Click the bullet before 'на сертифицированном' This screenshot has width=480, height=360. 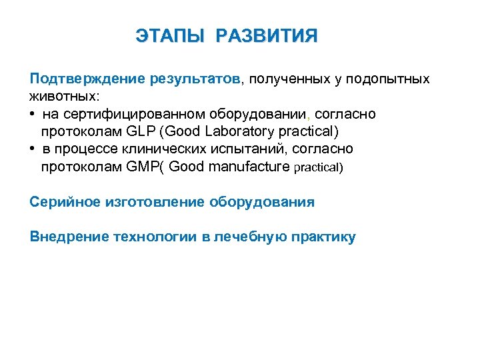[33, 115]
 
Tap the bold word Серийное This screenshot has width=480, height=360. [64, 201]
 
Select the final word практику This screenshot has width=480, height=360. [324, 237]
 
